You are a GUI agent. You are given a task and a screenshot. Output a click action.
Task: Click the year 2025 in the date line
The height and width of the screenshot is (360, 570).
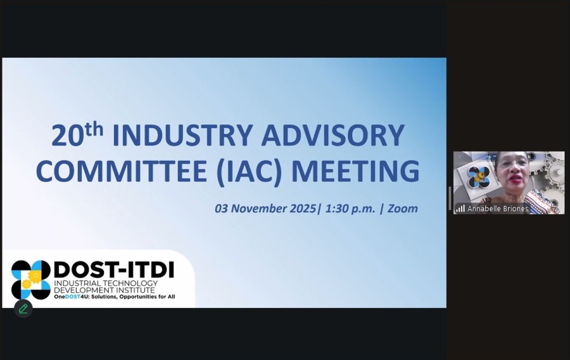tap(301, 208)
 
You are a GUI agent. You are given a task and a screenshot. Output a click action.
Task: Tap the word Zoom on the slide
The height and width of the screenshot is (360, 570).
tap(403, 208)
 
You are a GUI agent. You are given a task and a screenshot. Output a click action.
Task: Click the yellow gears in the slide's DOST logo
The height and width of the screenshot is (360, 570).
tap(29, 281)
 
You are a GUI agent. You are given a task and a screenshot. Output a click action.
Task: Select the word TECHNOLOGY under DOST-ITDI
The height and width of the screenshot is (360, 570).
tap(127, 283)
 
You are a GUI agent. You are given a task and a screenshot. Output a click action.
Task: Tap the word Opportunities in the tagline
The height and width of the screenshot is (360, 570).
tap(136, 296)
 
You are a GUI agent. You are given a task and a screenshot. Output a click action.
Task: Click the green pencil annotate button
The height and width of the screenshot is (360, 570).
tap(23, 309)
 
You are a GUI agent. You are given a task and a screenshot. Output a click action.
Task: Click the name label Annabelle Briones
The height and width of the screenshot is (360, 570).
tap(497, 209)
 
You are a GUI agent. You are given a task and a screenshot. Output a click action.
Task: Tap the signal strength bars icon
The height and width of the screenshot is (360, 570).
tap(460, 209)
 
